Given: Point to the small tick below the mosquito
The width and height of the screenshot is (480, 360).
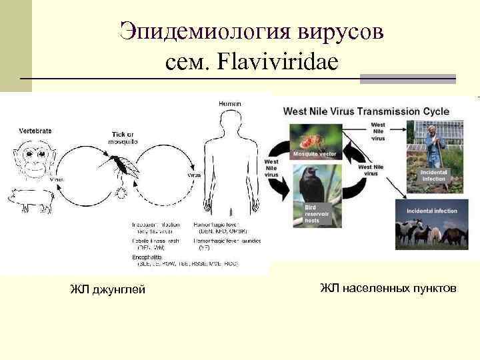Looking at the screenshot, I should (x=121, y=194).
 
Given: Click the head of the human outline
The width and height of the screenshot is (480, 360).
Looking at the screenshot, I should (x=229, y=120).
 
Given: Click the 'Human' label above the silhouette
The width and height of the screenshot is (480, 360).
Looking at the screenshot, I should (x=229, y=103).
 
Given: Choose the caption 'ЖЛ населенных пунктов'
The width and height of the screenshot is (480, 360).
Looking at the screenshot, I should (x=388, y=288).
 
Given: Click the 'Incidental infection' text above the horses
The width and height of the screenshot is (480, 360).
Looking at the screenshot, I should (x=432, y=211).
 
